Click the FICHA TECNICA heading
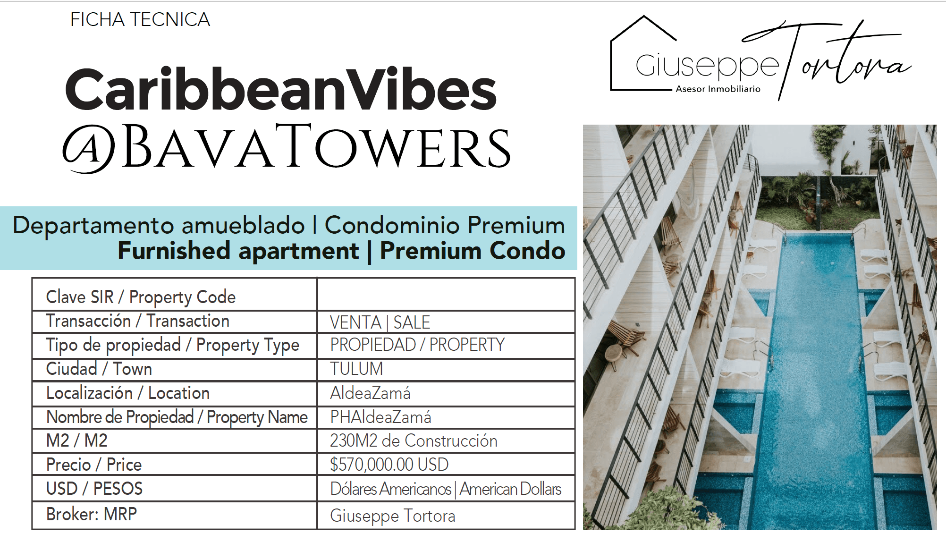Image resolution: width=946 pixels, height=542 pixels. click(x=140, y=20)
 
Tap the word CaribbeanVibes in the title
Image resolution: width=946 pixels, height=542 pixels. click(x=281, y=89)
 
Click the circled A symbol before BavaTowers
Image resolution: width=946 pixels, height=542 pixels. click(x=89, y=148)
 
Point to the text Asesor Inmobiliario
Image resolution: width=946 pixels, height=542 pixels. click(x=718, y=89)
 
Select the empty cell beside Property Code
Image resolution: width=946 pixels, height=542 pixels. click(x=446, y=295)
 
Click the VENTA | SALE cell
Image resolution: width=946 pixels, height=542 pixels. click(x=446, y=322)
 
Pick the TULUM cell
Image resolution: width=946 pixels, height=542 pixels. click(x=446, y=370)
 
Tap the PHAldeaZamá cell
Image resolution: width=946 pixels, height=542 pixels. click(x=446, y=417)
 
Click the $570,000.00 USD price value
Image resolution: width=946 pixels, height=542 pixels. click(x=389, y=465)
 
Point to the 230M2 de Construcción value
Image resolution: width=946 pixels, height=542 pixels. click(x=414, y=440)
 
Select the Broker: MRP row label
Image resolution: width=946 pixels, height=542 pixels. click(x=92, y=514)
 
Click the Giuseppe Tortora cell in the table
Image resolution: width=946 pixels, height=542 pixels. click(x=446, y=516)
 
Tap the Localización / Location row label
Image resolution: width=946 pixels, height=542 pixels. click(x=128, y=393)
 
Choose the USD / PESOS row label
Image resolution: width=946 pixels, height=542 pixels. click(x=94, y=488)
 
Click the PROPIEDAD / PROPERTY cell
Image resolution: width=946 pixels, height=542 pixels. click(x=446, y=346)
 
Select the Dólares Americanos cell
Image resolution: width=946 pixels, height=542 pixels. click(x=446, y=489)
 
